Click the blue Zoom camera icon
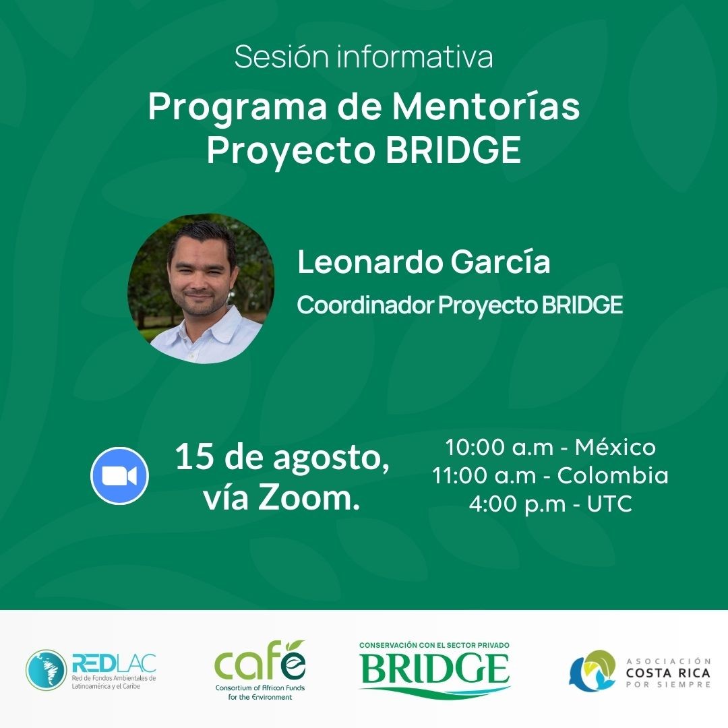119,475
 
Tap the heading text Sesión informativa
363,57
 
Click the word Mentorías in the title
486,107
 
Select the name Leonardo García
424,262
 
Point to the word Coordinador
365,305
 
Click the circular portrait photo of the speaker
201,288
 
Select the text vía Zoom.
282,497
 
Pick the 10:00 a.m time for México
499,447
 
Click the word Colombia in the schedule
613,475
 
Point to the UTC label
609,504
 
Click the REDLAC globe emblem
46,670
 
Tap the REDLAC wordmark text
114,663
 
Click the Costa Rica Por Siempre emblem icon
593,671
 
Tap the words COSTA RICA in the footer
668,673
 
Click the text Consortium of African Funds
260,688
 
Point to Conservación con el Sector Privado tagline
434,645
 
